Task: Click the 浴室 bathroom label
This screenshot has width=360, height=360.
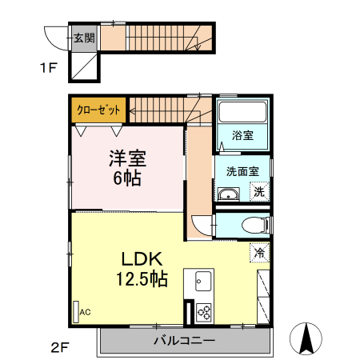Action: click(243, 136)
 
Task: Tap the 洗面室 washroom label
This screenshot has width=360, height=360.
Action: click(242, 170)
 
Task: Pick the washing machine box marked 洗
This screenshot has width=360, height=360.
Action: click(258, 191)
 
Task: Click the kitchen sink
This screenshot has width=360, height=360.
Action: click(201, 282)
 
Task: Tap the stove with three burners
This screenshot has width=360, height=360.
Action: click(203, 311)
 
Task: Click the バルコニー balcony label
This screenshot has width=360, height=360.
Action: click(184, 341)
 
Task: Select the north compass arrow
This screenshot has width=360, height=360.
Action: click(306, 338)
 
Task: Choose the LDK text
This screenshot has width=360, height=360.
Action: click(142, 258)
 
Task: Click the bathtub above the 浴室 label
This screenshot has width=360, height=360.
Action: click(243, 114)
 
